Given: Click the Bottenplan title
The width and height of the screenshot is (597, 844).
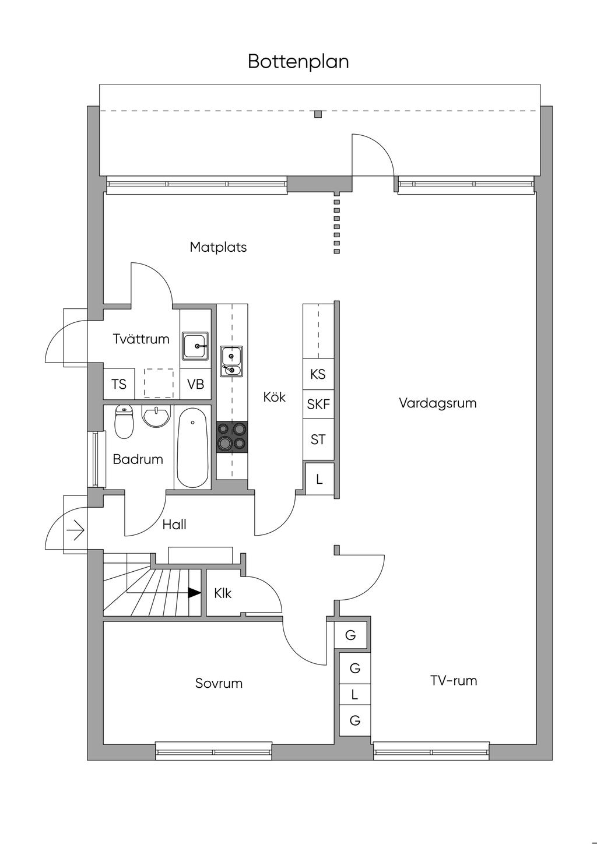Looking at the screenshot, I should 298,61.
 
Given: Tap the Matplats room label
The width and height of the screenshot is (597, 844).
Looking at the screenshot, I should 218,247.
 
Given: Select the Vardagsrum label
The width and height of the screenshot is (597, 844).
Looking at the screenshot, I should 437,403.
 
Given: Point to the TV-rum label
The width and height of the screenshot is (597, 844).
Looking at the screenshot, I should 453,680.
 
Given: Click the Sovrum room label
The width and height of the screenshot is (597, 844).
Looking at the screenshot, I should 219,683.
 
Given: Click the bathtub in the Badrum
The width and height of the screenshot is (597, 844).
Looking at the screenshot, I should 192,447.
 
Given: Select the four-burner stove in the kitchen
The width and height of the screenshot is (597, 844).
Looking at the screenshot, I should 232,437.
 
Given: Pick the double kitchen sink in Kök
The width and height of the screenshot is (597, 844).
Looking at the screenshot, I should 231,361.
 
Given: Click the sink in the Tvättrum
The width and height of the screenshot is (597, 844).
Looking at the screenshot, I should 195,346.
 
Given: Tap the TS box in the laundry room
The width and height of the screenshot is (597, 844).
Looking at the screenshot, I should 119,384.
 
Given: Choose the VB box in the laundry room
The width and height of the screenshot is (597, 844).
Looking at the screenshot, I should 195,384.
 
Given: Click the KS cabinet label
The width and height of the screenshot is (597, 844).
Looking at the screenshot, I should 318,374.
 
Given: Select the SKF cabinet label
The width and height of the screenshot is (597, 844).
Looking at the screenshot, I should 318,404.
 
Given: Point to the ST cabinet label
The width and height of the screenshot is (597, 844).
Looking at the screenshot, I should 318,439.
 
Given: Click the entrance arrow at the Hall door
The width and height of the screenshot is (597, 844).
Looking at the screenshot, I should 76,531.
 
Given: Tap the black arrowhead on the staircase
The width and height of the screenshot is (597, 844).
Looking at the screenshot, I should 194,593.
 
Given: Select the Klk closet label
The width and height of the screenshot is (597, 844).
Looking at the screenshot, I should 223,593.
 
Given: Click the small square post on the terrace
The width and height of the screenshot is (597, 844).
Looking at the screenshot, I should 318,114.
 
